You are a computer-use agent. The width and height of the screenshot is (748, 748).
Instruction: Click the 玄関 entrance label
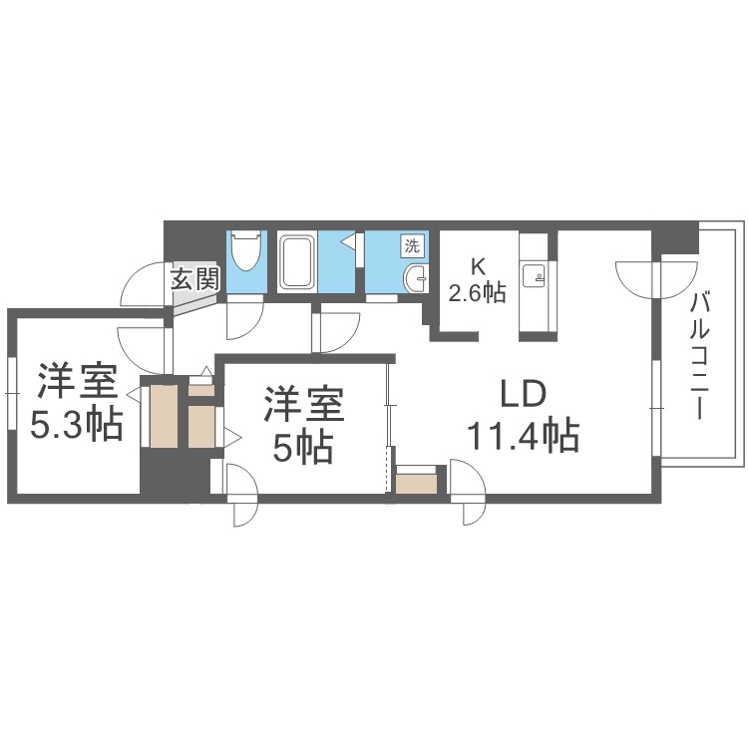(x=193, y=278)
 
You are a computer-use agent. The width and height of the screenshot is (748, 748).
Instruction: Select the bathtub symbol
(x=295, y=262)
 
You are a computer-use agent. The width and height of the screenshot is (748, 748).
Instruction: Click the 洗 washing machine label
(x=411, y=244)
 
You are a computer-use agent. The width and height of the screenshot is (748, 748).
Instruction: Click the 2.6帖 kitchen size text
(x=477, y=293)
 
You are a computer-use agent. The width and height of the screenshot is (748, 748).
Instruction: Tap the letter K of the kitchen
(x=477, y=267)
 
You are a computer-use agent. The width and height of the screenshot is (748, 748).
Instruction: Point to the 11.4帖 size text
(x=522, y=436)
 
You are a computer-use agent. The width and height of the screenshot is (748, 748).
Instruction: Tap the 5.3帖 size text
(x=76, y=426)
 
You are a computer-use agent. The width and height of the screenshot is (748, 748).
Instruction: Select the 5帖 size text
(x=303, y=450)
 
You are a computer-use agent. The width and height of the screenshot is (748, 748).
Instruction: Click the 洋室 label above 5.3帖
(x=77, y=383)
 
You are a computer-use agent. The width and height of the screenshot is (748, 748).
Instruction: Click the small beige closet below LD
(x=416, y=484)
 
